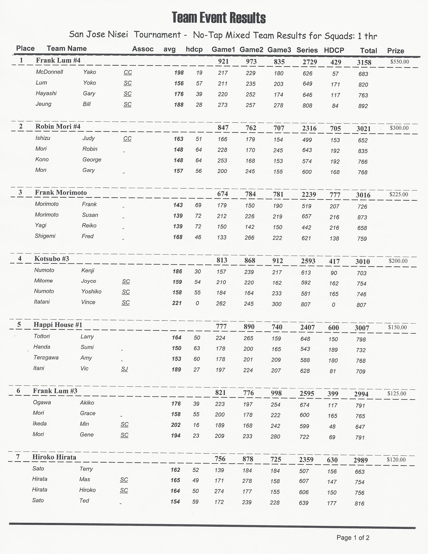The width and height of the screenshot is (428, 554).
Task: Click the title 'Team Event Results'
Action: [x=219, y=18]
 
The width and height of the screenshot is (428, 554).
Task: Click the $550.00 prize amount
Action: [x=400, y=62]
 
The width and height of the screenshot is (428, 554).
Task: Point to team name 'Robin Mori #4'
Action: [x=58, y=126]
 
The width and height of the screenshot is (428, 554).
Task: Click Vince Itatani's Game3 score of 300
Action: [x=277, y=304]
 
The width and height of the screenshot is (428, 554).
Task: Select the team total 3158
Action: [x=364, y=62]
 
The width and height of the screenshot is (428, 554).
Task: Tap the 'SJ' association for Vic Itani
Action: [x=124, y=369]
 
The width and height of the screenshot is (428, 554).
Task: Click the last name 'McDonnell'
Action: [x=50, y=72]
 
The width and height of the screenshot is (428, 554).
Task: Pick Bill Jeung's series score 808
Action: [x=307, y=106]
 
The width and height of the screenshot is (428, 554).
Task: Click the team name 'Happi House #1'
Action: [x=58, y=325]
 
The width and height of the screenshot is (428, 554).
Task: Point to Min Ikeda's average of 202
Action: [x=176, y=425]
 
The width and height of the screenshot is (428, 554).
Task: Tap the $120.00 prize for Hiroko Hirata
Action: [x=396, y=460]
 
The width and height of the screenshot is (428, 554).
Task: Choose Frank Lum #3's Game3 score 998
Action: [x=276, y=393]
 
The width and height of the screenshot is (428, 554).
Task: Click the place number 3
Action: [x=20, y=192]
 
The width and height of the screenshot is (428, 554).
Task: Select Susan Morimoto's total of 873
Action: [x=362, y=217]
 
